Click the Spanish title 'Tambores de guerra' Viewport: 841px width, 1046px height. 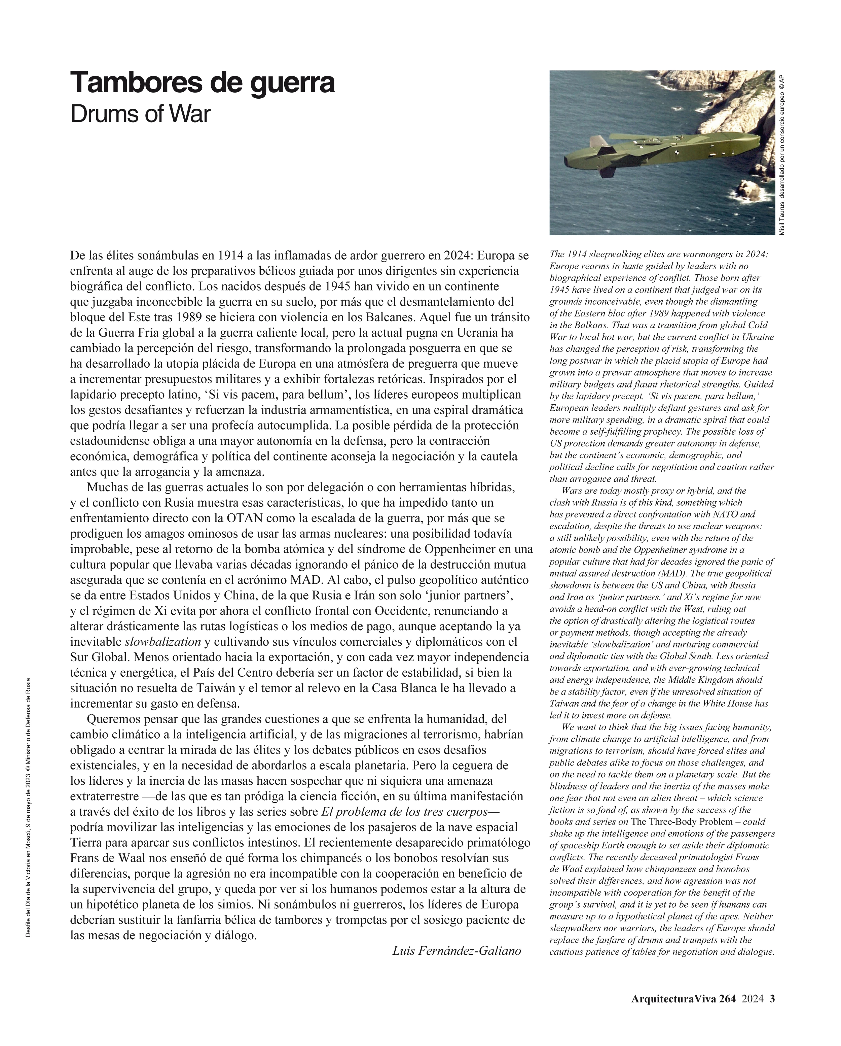click(202, 83)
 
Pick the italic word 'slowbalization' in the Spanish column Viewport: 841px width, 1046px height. click(163, 642)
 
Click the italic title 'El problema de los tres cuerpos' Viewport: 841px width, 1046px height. click(404, 812)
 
